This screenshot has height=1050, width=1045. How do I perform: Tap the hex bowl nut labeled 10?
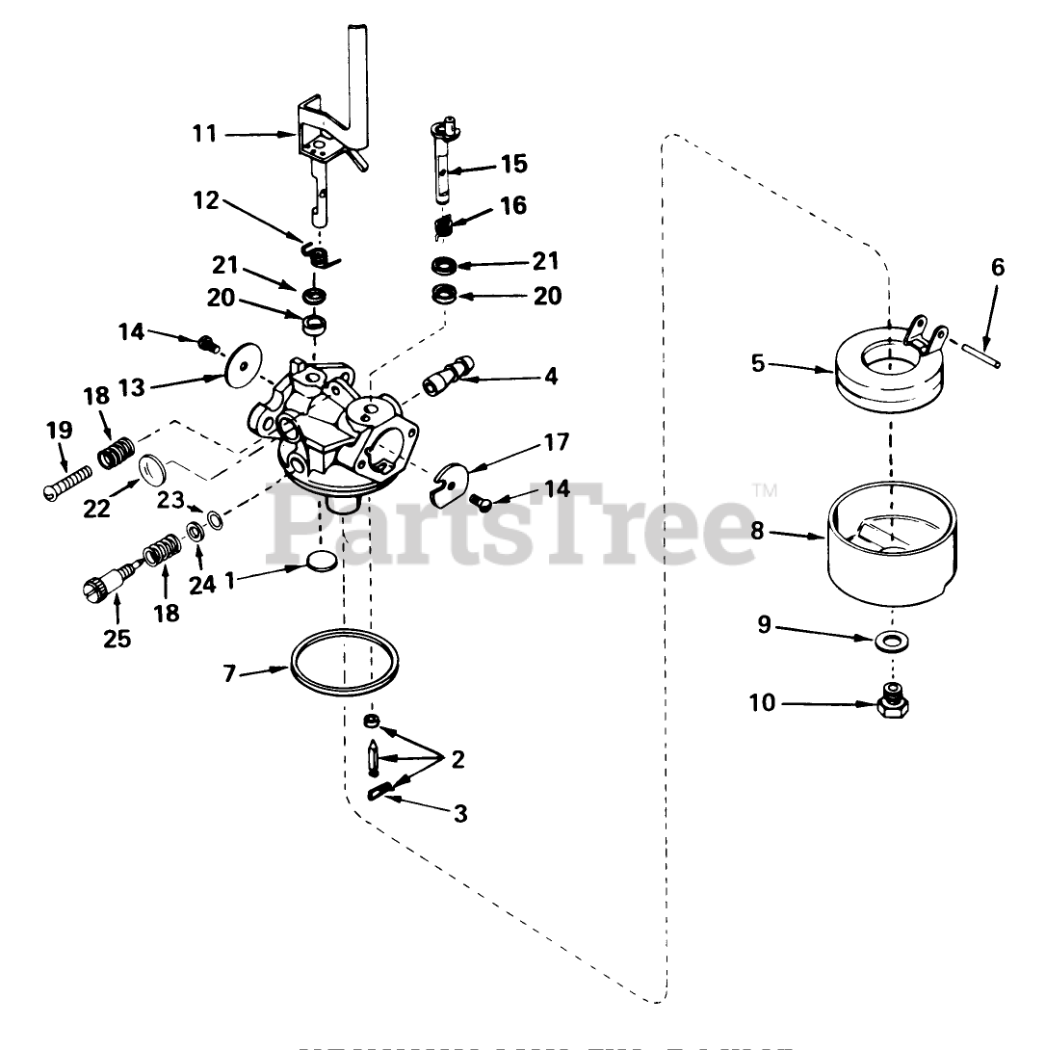(895, 705)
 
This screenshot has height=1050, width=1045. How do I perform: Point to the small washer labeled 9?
(895, 641)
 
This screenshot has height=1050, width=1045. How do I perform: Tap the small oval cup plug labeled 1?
(321, 561)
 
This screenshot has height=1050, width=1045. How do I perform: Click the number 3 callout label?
(460, 814)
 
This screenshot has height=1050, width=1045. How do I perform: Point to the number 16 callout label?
(512, 206)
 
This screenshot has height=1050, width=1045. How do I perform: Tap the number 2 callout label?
(457, 760)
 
